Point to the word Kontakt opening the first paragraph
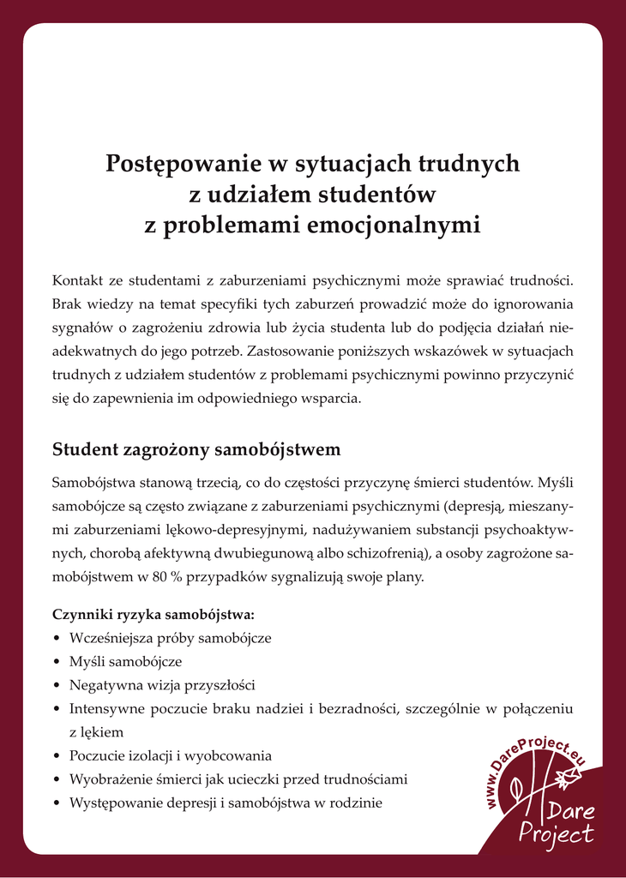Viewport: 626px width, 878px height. click(x=78, y=280)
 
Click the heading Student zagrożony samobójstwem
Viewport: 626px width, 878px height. click(x=196, y=449)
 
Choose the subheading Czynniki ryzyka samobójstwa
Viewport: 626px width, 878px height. click(x=153, y=615)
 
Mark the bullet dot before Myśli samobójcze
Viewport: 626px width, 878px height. click(x=57, y=663)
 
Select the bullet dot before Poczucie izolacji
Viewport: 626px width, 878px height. click(x=57, y=756)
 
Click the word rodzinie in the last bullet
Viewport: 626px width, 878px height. click(x=357, y=803)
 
